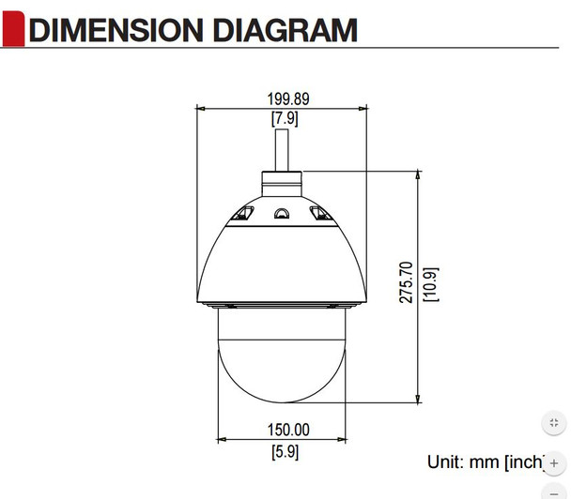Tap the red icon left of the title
pos(13,28)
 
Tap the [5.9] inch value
pos(285,451)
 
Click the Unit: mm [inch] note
pos(486,461)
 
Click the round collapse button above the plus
pos(554,423)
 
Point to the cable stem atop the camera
pos(283,149)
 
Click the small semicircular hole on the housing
pos(281,214)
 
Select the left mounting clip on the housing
pos(242,215)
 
